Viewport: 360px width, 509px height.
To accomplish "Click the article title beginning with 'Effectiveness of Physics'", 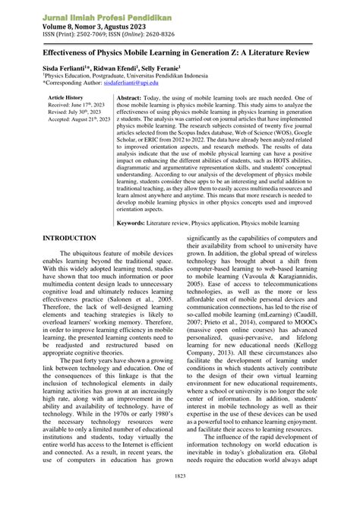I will click(x=179, y=58).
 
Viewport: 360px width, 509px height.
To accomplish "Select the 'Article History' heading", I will click(x=65, y=99).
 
